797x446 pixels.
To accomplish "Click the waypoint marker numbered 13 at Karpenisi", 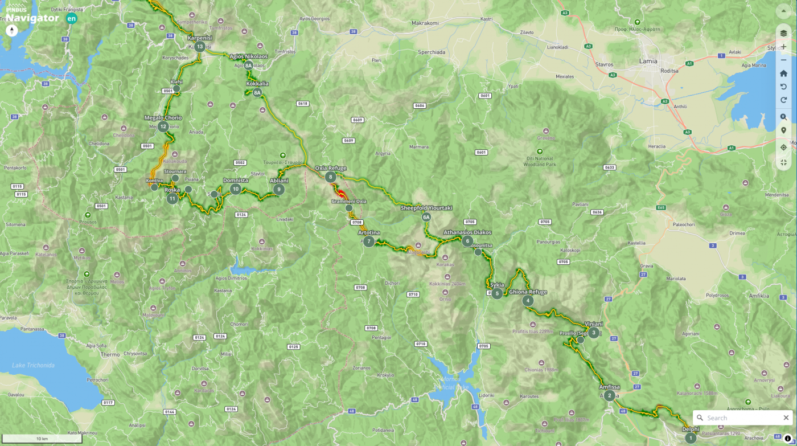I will (x=200, y=47).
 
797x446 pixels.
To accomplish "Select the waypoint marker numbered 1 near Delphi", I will (x=691, y=438).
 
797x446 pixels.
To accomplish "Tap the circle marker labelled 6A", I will (x=426, y=217).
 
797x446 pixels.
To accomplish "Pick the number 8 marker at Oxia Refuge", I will (x=331, y=177).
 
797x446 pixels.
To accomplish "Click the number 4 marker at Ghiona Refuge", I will (x=528, y=301).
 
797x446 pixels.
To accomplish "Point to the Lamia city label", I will (x=648, y=61).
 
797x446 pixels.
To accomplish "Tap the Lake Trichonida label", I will (x=33, y=365).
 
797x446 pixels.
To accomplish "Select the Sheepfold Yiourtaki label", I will (x=426, y=208).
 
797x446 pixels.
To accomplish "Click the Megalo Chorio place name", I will (x=163, y=118).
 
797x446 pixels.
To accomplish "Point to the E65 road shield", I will (x=661, y=207).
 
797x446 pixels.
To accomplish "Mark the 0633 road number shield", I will (x=610, y=167).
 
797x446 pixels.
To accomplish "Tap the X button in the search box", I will (x=786, y=418).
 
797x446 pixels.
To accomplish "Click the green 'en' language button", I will (x=71, y=18).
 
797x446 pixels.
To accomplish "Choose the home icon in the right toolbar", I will (x=783, y=73).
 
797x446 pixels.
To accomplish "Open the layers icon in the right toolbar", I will (x=783, y=33).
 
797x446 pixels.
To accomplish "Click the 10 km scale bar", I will (x=42, y=439).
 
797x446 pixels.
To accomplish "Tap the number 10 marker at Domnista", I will (x=236, y=189).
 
